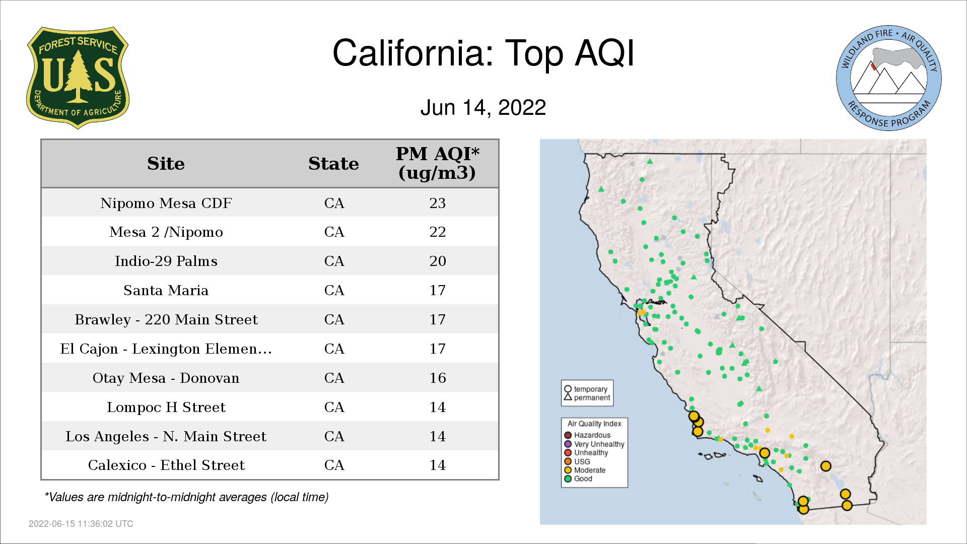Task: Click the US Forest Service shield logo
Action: point(78,78)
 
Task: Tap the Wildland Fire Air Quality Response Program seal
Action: point(889,78)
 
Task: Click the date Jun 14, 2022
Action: point(483,108)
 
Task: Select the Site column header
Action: point(166,164)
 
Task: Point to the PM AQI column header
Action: point(437,163)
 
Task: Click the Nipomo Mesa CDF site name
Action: point(166,203)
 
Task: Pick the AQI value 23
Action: point(437,203)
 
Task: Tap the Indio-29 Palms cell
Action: point(166,261)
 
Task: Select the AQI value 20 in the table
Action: point(437,261)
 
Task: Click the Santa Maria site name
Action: point(166,290)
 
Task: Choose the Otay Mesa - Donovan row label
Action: point(166,378)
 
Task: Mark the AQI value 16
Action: point(437,378)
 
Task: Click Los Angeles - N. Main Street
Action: point(166,436)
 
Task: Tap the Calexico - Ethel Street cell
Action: point(166,465)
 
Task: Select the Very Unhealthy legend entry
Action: point(594,444)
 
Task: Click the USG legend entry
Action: point(577,461)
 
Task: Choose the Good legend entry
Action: point(578,479)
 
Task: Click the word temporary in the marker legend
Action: point(590,389)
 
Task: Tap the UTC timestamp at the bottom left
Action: point(81,524)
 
